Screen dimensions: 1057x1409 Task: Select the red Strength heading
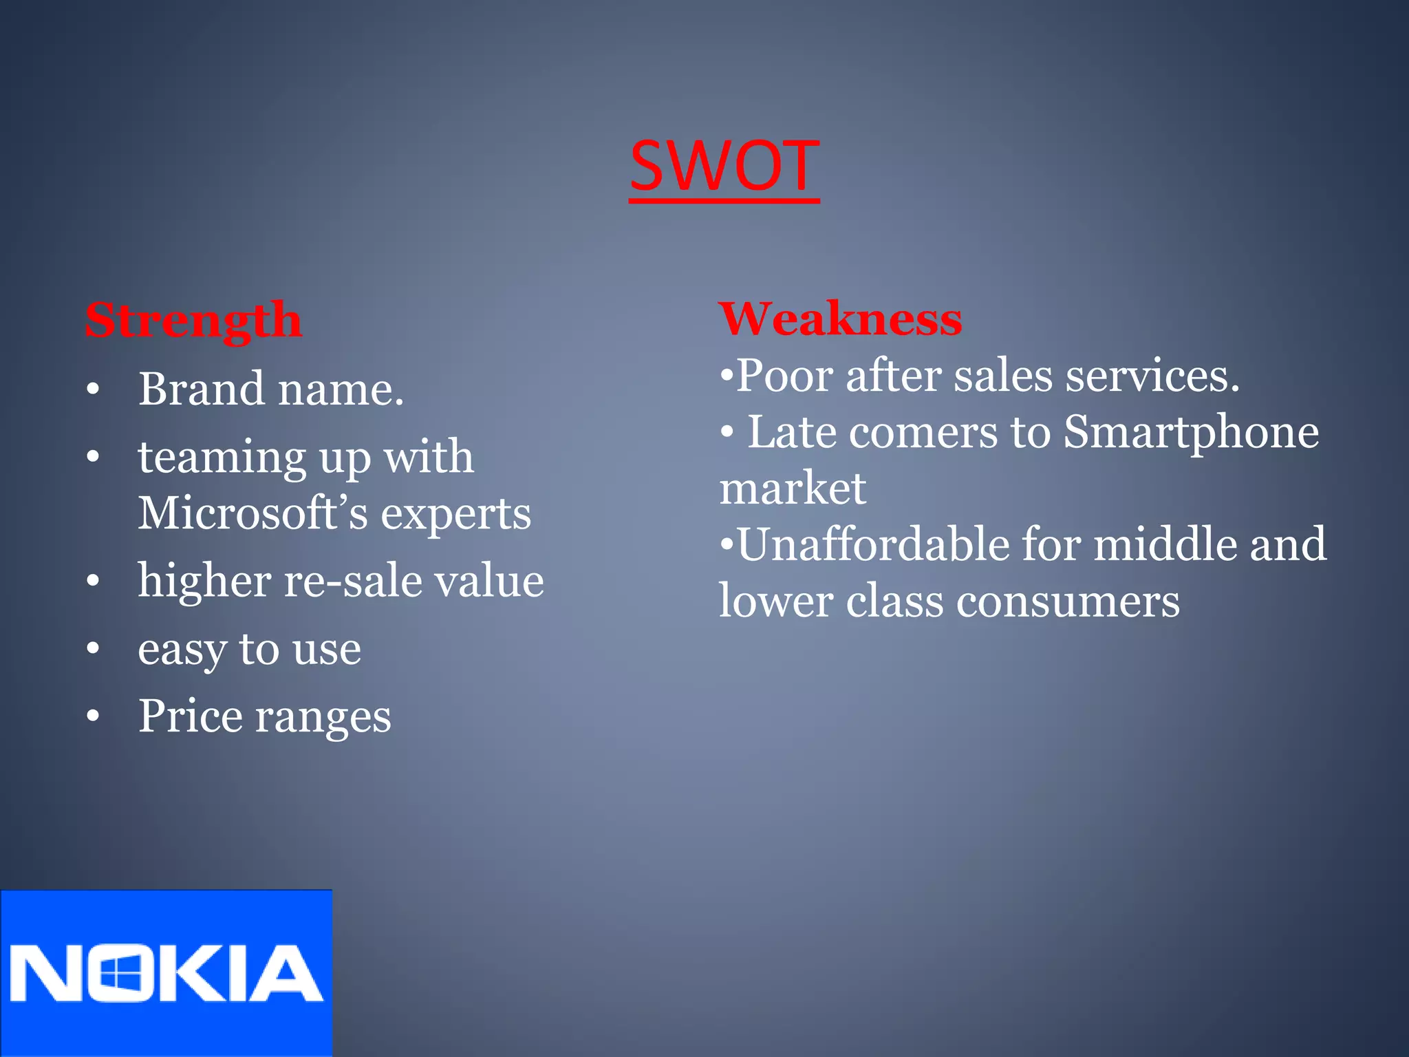tap(193, 321)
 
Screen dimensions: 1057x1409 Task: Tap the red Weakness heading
tap(840, 319)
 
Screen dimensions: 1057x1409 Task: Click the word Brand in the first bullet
tap(201, 389)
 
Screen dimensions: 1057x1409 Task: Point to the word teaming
tap(222, 458)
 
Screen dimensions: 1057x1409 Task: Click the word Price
tap(190, 716)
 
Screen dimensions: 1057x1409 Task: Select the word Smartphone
tap(1191, 434)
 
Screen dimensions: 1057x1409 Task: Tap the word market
tap(793, 489)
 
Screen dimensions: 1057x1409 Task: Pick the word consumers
tap(1068, 601)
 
